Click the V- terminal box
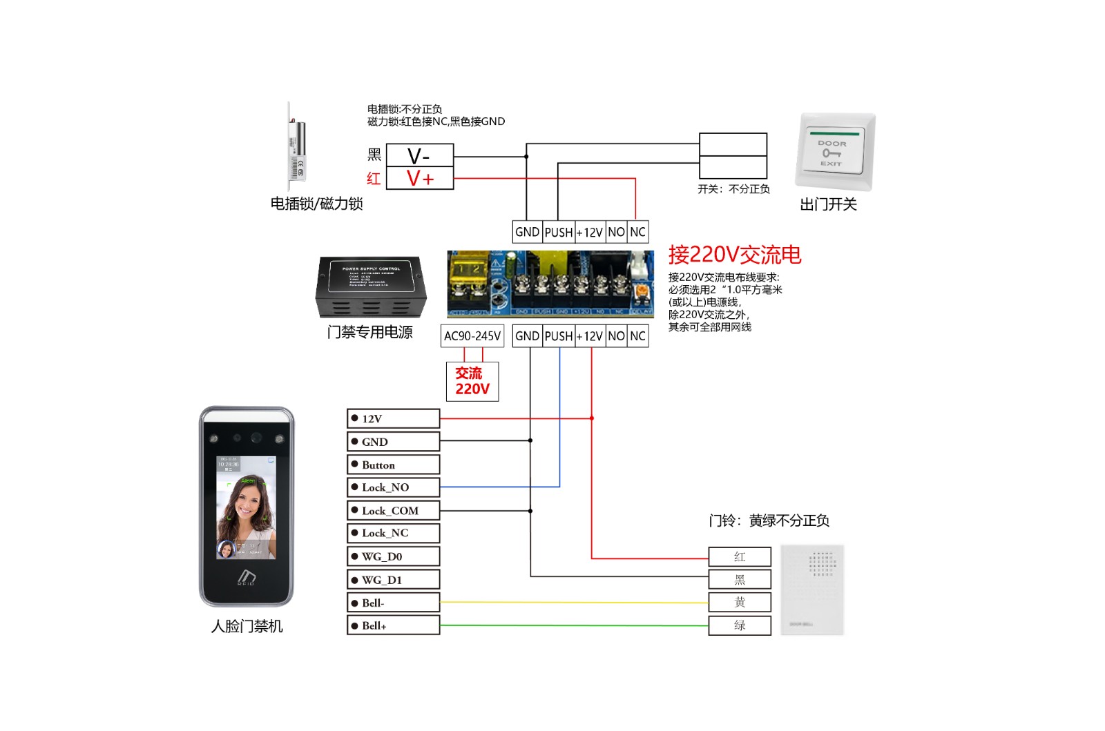point(419,155)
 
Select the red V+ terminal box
point(419,178)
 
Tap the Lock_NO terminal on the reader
point(393,487)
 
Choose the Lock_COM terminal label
point(393,511)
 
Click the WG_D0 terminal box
point(393,556)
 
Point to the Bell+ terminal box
point(393,625)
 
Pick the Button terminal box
point(393,465)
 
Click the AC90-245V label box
point(472,336)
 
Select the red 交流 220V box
point(472,381)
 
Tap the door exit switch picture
point(834,152)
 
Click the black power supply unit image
point(371,286)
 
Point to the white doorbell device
point(812,589)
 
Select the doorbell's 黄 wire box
point(740,603)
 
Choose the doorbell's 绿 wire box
point(740,625)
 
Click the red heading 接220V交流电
point(734,255)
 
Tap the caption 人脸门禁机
point(247,626)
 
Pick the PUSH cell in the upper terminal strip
point(558,232)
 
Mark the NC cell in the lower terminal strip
point(637,336)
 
